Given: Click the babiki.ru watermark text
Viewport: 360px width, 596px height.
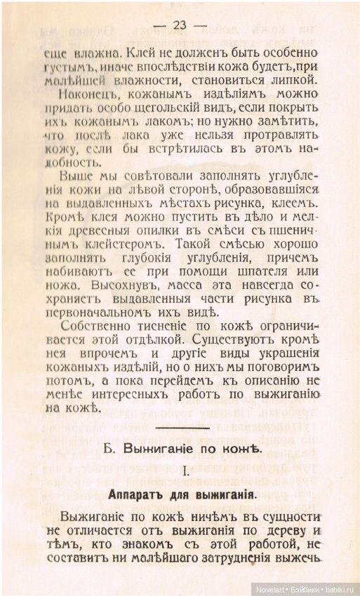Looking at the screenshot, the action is (x=339, y=588).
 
